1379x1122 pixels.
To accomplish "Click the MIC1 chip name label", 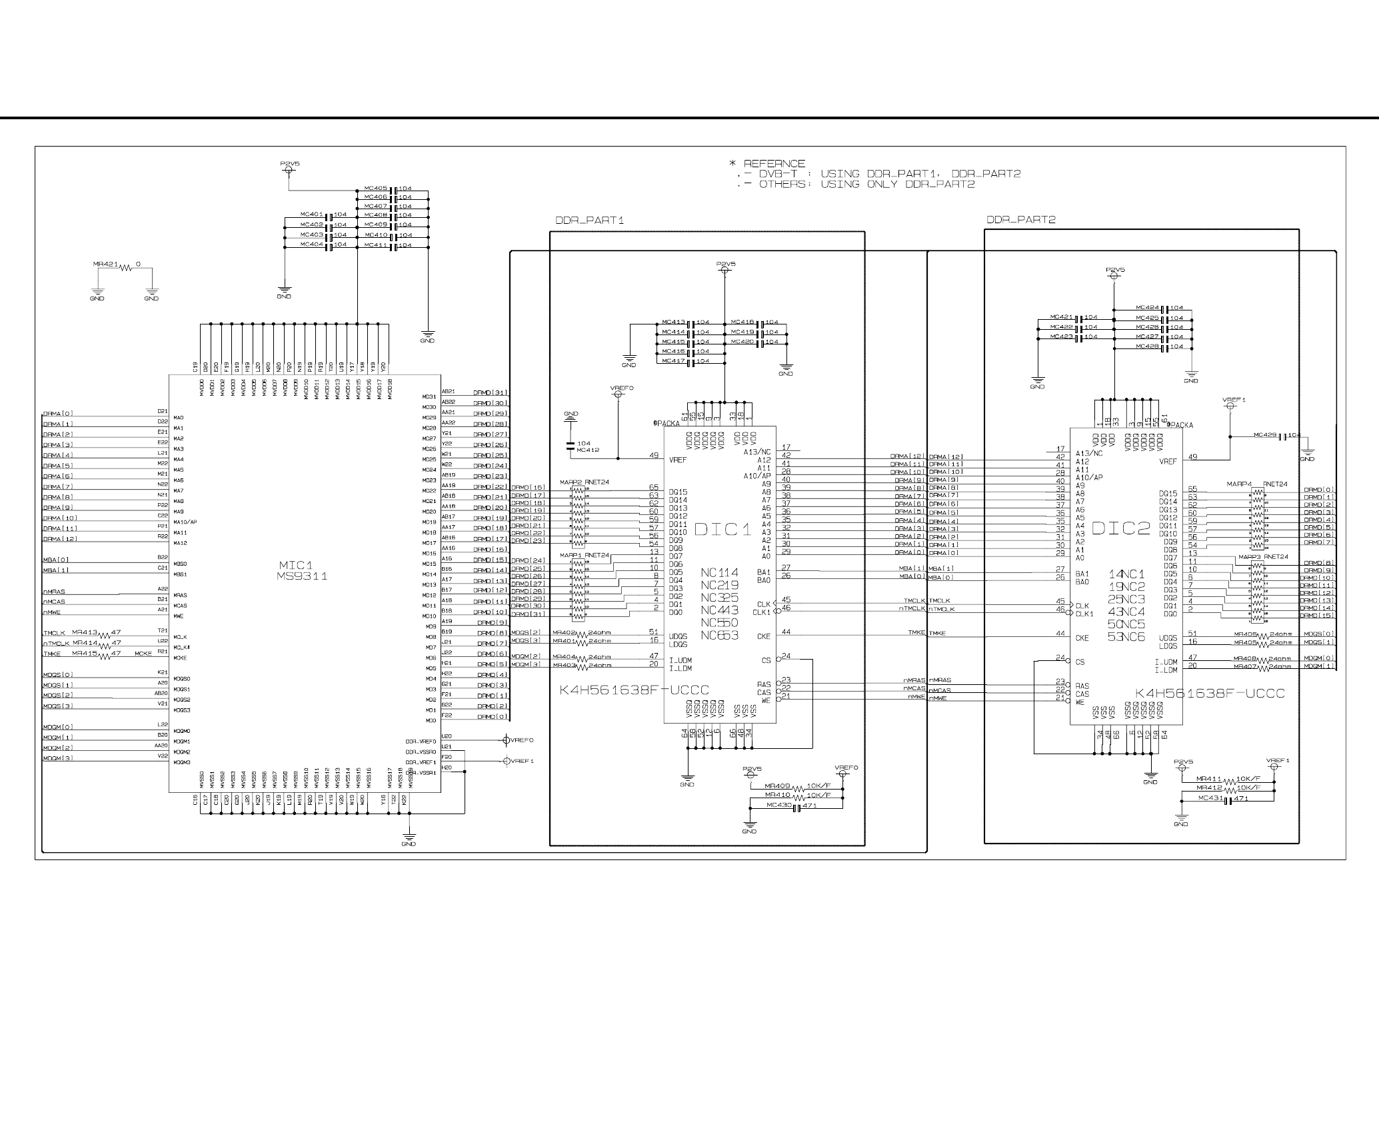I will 295,565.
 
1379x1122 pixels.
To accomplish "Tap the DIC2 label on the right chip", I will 1121,528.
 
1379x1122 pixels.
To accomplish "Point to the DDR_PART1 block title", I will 589,220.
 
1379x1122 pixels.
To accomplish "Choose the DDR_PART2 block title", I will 1020,219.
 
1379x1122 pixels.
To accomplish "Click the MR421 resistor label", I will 105,265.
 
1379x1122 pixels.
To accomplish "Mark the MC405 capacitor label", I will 376,189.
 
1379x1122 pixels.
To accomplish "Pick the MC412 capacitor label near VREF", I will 588,450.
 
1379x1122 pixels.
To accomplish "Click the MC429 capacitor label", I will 1264,435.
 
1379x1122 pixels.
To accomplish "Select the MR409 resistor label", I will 777,786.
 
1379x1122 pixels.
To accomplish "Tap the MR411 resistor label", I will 1208,778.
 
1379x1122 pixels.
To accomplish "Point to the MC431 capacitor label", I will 1210,798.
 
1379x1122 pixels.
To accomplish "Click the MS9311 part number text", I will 302,576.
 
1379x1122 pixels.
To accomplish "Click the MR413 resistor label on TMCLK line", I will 85,632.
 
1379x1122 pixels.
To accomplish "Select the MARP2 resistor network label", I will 571,482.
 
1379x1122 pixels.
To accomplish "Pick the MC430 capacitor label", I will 778,806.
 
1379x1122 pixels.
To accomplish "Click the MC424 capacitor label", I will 1147,308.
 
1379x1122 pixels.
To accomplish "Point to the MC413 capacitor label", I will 674,322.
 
